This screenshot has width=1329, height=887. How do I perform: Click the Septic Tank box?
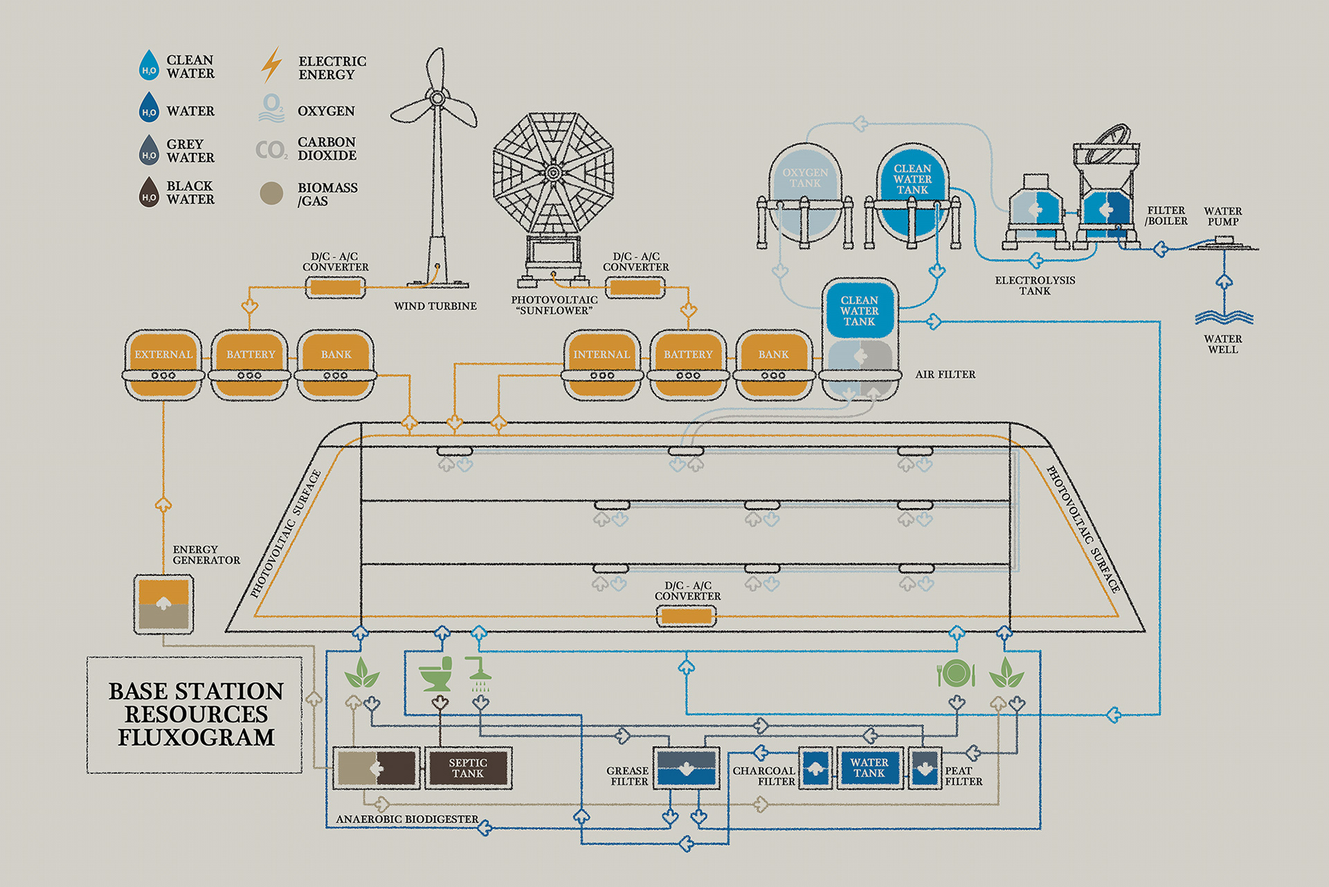(x=468, y=768)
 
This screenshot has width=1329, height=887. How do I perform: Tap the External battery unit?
(x=163, y=365)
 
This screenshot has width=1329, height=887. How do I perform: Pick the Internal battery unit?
(x=602, y=365)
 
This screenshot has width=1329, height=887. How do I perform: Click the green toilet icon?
(x=436, y=674)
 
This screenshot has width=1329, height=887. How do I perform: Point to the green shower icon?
(x=479, y=674)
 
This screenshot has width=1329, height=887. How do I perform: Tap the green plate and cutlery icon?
(x=956, y=673)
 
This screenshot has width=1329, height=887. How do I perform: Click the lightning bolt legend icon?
(x=271, y=65)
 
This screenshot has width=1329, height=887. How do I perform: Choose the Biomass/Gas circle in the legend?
(x=271, y=193)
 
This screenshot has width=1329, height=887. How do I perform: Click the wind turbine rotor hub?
(x=437, y=98)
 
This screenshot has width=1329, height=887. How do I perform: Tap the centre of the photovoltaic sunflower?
(x=553, y=172)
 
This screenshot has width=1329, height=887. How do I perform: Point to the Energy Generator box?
(x=163, y=604)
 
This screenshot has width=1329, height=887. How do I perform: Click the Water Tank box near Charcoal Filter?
(x=869, y=768)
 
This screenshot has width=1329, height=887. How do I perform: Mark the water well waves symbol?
(x=1224, y=318)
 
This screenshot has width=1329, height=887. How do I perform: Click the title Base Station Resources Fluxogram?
(x=196, y=714)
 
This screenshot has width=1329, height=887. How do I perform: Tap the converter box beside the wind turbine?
(x=336, y=287)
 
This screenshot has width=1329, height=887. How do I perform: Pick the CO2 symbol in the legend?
(x=271, y=150)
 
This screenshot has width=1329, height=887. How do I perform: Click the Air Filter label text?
(x=946, y=375)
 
